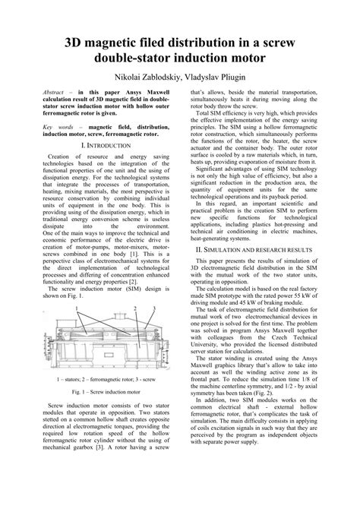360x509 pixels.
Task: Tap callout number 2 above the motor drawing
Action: point(132,308)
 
